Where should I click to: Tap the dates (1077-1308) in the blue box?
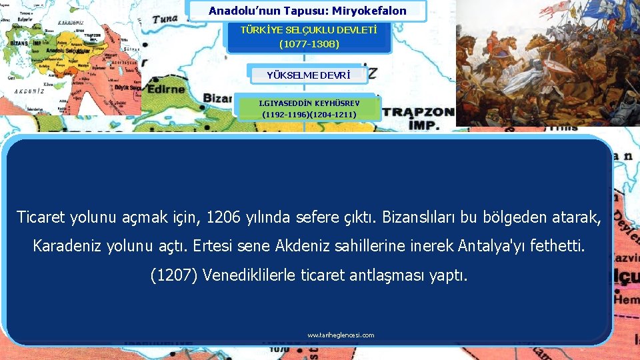pos(309,44)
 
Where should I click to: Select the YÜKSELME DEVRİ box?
pos(307,74)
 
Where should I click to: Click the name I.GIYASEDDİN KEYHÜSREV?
pos(309,103)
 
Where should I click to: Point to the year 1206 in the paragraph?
pos(222,217)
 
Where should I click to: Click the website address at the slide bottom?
pos(341,335)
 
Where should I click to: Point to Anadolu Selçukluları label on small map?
pos(68,51)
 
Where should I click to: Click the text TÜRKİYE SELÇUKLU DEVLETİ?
pos(309,30)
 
